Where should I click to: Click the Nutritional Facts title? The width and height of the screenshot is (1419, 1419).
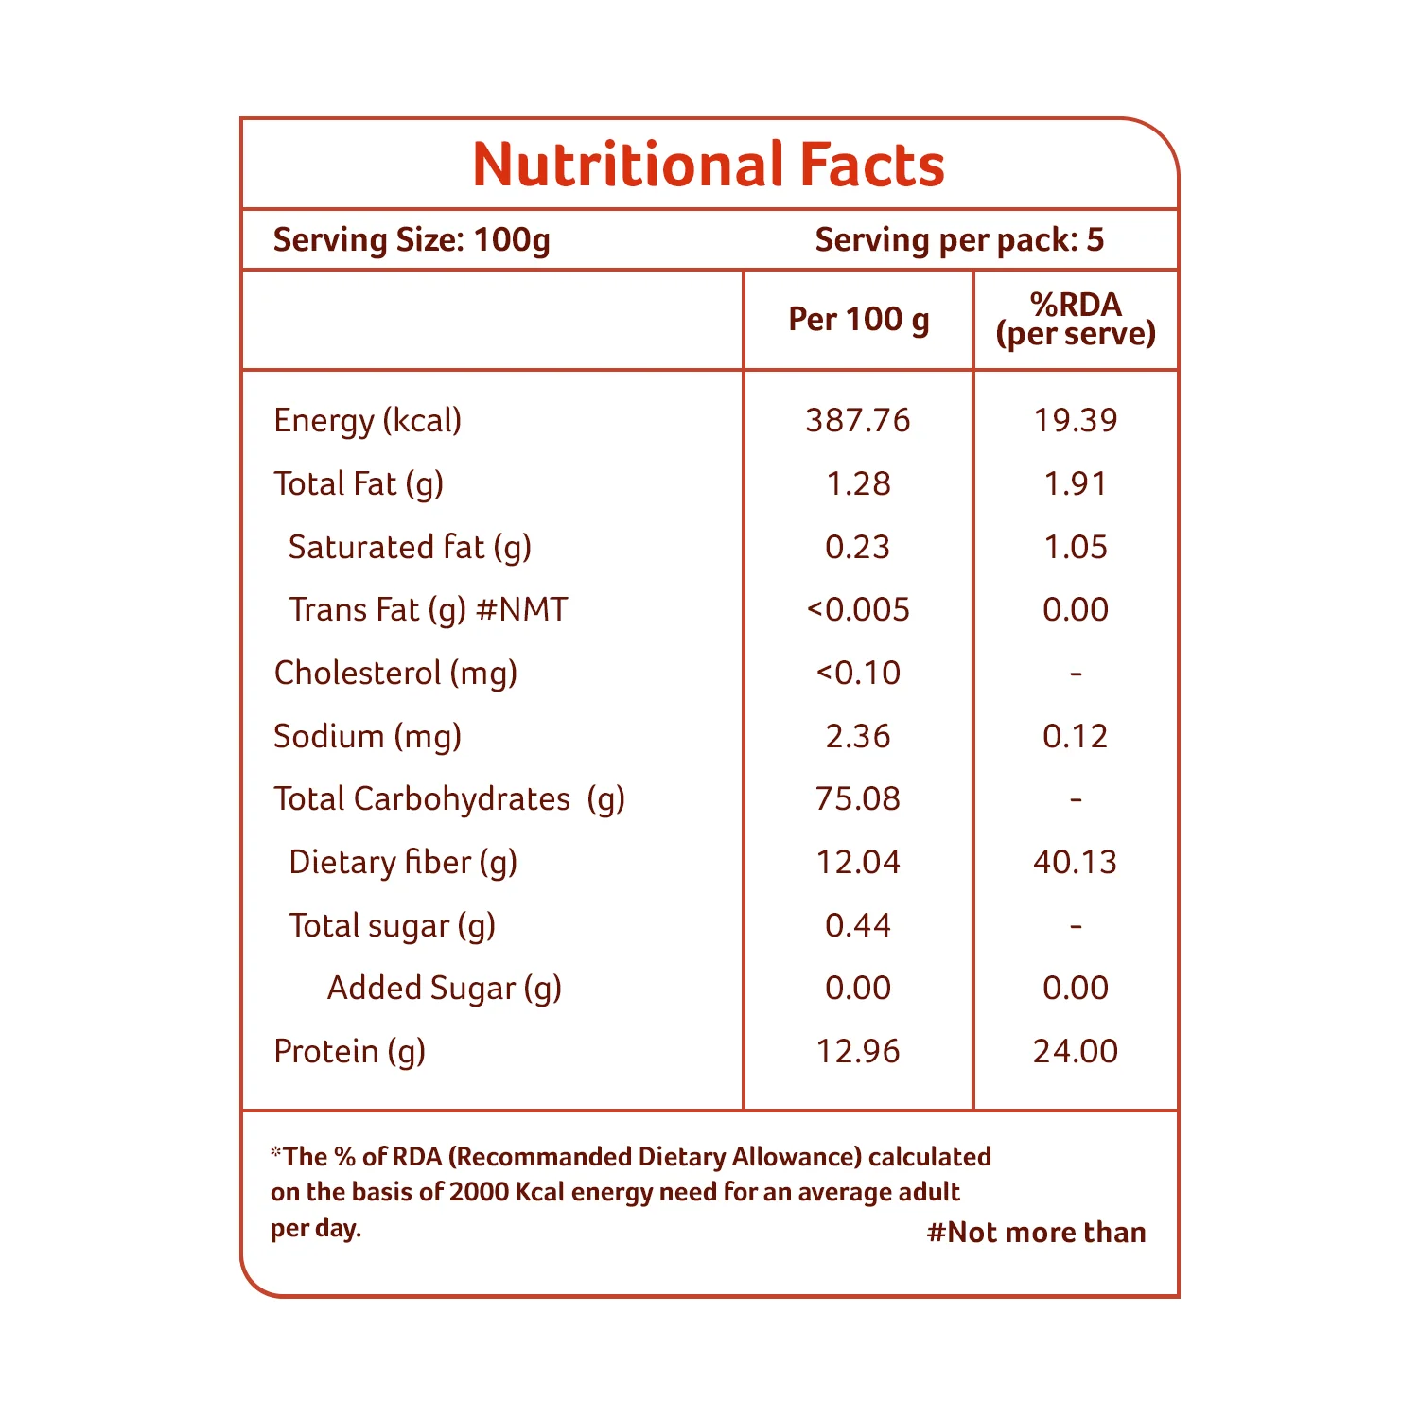[x=709, y=165]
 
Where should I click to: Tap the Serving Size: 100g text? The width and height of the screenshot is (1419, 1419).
[x=412, y=240]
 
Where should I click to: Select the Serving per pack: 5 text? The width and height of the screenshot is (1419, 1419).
[x=959, y=240]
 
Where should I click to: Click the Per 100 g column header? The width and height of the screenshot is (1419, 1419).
[x=859, y=320]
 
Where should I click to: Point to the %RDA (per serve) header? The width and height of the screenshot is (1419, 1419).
[x=1076, y=319]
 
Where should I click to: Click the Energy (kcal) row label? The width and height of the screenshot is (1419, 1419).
[x=367, y=421]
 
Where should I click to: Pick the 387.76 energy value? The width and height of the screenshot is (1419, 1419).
[x=858, y=420]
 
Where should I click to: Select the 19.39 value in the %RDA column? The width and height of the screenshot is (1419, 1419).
[x=1076, y=420]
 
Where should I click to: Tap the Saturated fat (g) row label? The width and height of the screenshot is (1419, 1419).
[x=410, y=548]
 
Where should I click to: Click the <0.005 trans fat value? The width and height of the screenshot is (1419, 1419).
[x=858, y=610]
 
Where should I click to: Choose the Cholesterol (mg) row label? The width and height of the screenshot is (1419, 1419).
[x=395, y=674]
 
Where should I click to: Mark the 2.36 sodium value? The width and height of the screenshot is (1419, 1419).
[x=858, y=736]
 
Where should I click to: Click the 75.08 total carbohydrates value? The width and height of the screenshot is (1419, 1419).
[x=858, y=799]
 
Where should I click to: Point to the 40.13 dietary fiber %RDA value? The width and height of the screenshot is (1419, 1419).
[x=1076, y=862]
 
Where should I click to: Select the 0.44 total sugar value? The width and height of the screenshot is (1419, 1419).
[x=858, y=925]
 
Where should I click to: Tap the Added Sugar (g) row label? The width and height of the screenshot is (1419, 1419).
[x=445, y=989]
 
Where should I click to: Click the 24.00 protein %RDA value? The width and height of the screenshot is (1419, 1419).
[x=1076, y=1051]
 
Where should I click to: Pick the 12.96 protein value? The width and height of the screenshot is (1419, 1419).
[x=858, y=1051]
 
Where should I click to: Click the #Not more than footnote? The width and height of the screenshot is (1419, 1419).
[x=1037, y=1233]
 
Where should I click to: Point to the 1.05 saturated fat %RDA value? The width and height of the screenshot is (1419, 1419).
[x=1076, y=547]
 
